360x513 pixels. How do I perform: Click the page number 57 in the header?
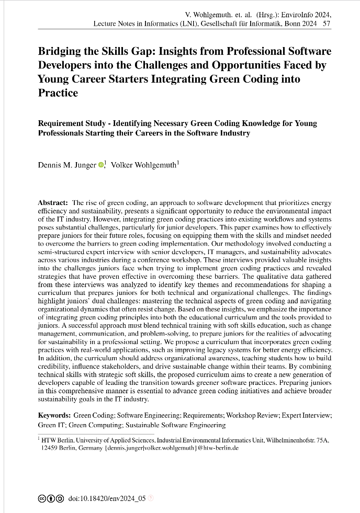pos(327,24)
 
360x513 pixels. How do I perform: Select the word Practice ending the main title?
pos(58,94)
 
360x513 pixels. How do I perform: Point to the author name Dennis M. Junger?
pos(67,165)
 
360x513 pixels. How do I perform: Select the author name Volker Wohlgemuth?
pos(144,165)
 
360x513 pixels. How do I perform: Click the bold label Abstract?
pos(53,202)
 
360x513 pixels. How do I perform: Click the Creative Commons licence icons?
pos(51,499)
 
